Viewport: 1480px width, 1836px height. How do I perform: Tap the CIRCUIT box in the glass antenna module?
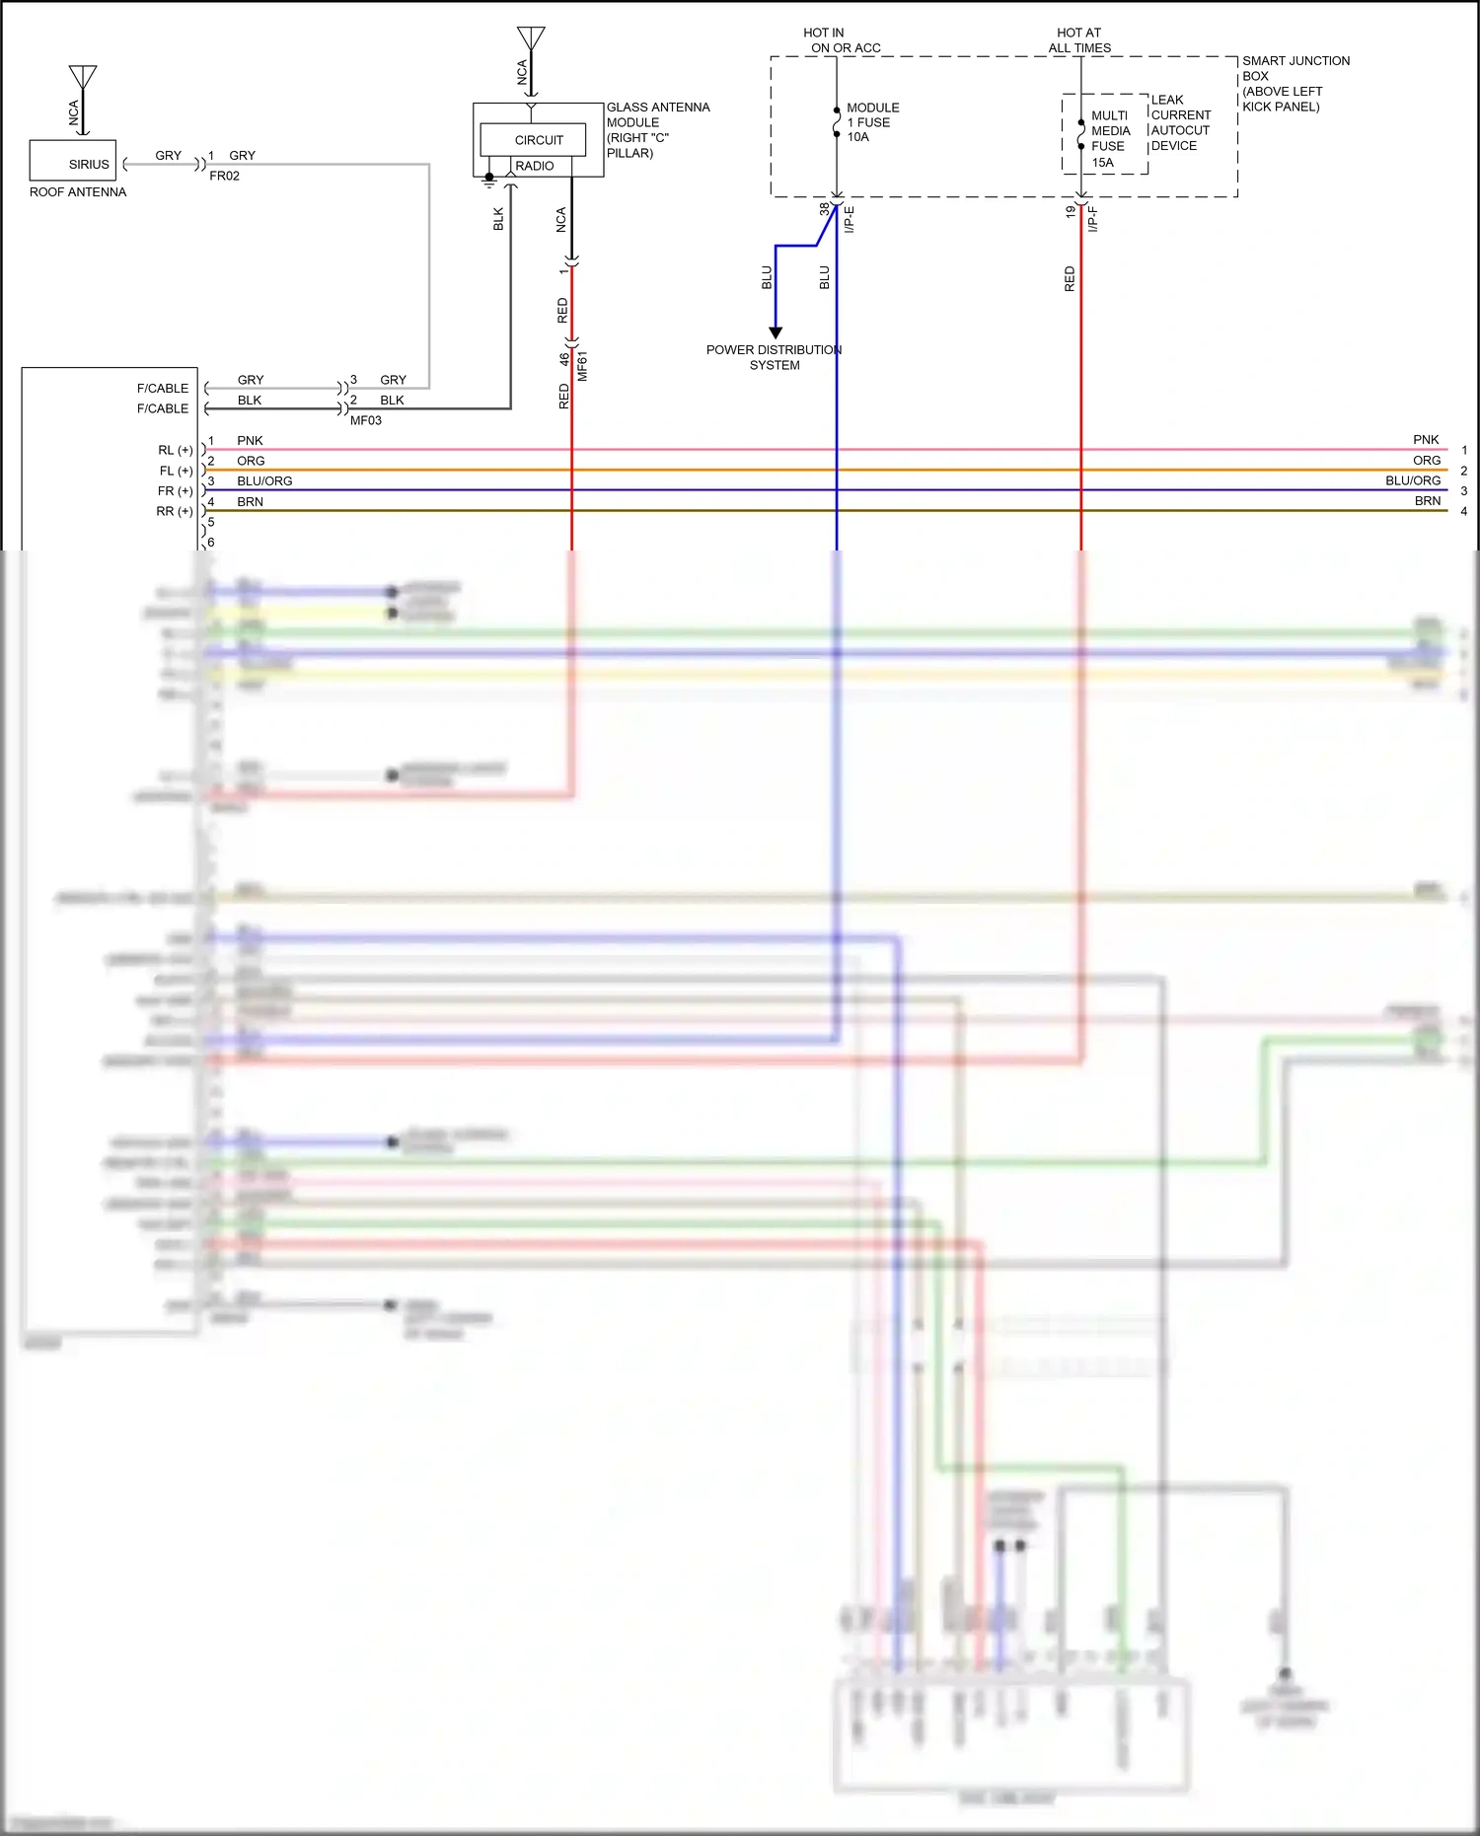coord(538,140)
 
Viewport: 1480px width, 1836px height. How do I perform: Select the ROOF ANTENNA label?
coord(78,192)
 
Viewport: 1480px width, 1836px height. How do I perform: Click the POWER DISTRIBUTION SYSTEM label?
coord(774,357)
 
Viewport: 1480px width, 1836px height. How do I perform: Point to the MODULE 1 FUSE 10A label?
coord(872,122)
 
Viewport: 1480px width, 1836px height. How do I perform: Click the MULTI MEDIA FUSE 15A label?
coord(1109,139)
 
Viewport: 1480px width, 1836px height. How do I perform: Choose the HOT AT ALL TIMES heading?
coord(1079,40)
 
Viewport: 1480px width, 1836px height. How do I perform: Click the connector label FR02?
coord(224,176)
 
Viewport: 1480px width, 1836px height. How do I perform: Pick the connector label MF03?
coord(365,420)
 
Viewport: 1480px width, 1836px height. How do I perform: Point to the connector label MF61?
coord(582,366)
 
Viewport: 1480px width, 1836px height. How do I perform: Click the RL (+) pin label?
coord(176,450)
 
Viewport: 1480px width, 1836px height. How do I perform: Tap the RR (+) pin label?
coord(175,511)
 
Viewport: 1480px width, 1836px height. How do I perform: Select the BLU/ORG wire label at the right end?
coord(1412,480)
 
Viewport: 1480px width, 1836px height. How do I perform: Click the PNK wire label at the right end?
coord(1425,440)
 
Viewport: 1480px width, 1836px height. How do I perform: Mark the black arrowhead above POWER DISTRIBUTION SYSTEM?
coord(776,332)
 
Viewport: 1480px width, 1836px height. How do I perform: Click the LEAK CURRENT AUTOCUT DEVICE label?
coord(1180,122)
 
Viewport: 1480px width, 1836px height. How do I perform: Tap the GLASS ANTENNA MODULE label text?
coord(657,129)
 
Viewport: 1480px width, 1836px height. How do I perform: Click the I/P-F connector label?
coord(1092,219)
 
